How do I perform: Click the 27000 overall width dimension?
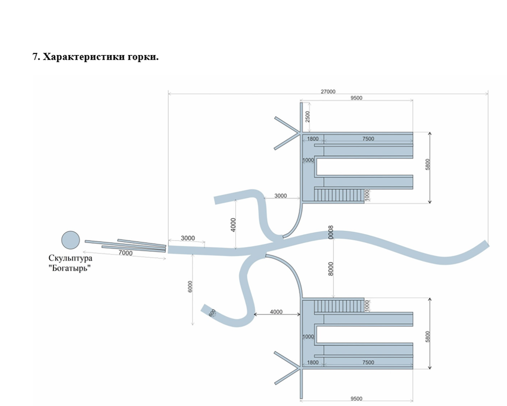[x=328, y=91]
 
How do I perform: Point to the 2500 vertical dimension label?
[x=307, y=117]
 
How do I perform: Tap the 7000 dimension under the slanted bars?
[x=125, y=253]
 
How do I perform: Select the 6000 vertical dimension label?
[x=190, y=286]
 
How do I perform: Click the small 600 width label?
[x=212, y=313]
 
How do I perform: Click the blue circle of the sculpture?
[x=71, y=240]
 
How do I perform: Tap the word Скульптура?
[x=71, y=258]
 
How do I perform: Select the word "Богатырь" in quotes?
[x=70, y=268]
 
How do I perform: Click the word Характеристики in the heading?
[x=84, y=57]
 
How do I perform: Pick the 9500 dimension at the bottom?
[x=356, y=399]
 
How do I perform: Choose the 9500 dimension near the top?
[x=356, y=98]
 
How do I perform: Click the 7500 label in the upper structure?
[x=368, y=139]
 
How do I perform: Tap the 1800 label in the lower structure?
[x=313, y=362]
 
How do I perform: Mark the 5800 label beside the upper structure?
[x=428, y=164]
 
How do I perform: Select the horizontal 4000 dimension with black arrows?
[x=277, y=314]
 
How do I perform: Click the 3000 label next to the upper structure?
[x=281, y=196]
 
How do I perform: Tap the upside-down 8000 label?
[x=331, y=233]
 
